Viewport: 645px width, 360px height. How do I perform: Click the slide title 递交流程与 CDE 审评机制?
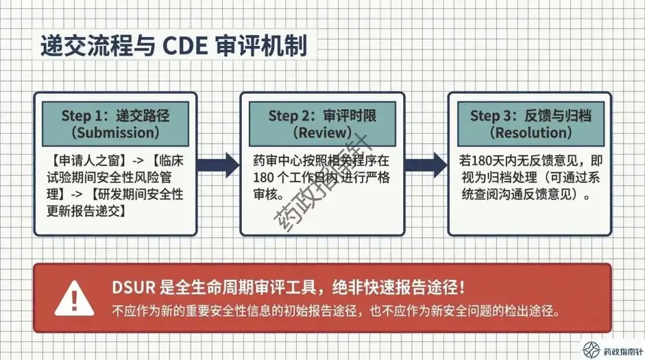[x=173, y=46]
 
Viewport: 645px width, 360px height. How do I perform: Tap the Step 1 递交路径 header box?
[x=115, y=124]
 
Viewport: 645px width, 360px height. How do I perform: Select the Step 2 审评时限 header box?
[x=322, y=124]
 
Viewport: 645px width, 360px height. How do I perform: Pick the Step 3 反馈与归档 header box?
[x=530, y=124]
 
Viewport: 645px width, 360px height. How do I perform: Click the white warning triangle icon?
[x=73, y=298]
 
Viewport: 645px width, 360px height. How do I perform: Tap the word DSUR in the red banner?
[x=134, y=287]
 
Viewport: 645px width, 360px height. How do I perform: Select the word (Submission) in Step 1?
[x=115, y=132]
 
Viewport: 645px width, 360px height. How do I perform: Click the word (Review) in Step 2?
[x=322, y=132]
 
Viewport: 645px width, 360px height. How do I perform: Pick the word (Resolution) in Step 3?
[x=530, y=132]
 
